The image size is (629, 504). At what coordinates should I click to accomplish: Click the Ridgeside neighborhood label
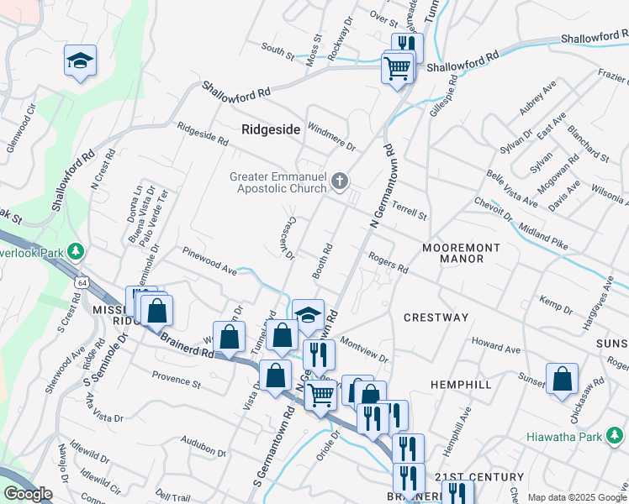click(271, 129)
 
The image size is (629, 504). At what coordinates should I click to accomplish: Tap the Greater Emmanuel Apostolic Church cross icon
click(340, 181)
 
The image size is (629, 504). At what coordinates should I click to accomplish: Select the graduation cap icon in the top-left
click(80, 60)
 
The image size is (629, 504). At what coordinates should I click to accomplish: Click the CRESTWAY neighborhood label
click(436, 318)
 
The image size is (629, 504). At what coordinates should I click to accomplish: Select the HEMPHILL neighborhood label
click(461, 384)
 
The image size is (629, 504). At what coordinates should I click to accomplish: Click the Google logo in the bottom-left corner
click(27, 494)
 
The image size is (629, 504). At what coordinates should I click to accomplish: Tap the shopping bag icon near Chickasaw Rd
click(562, 380)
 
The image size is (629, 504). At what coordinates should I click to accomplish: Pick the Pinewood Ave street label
click(209, 260)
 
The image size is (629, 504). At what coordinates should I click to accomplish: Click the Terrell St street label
click(410, 210)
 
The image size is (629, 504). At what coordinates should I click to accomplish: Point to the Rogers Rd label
click(388, 264)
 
